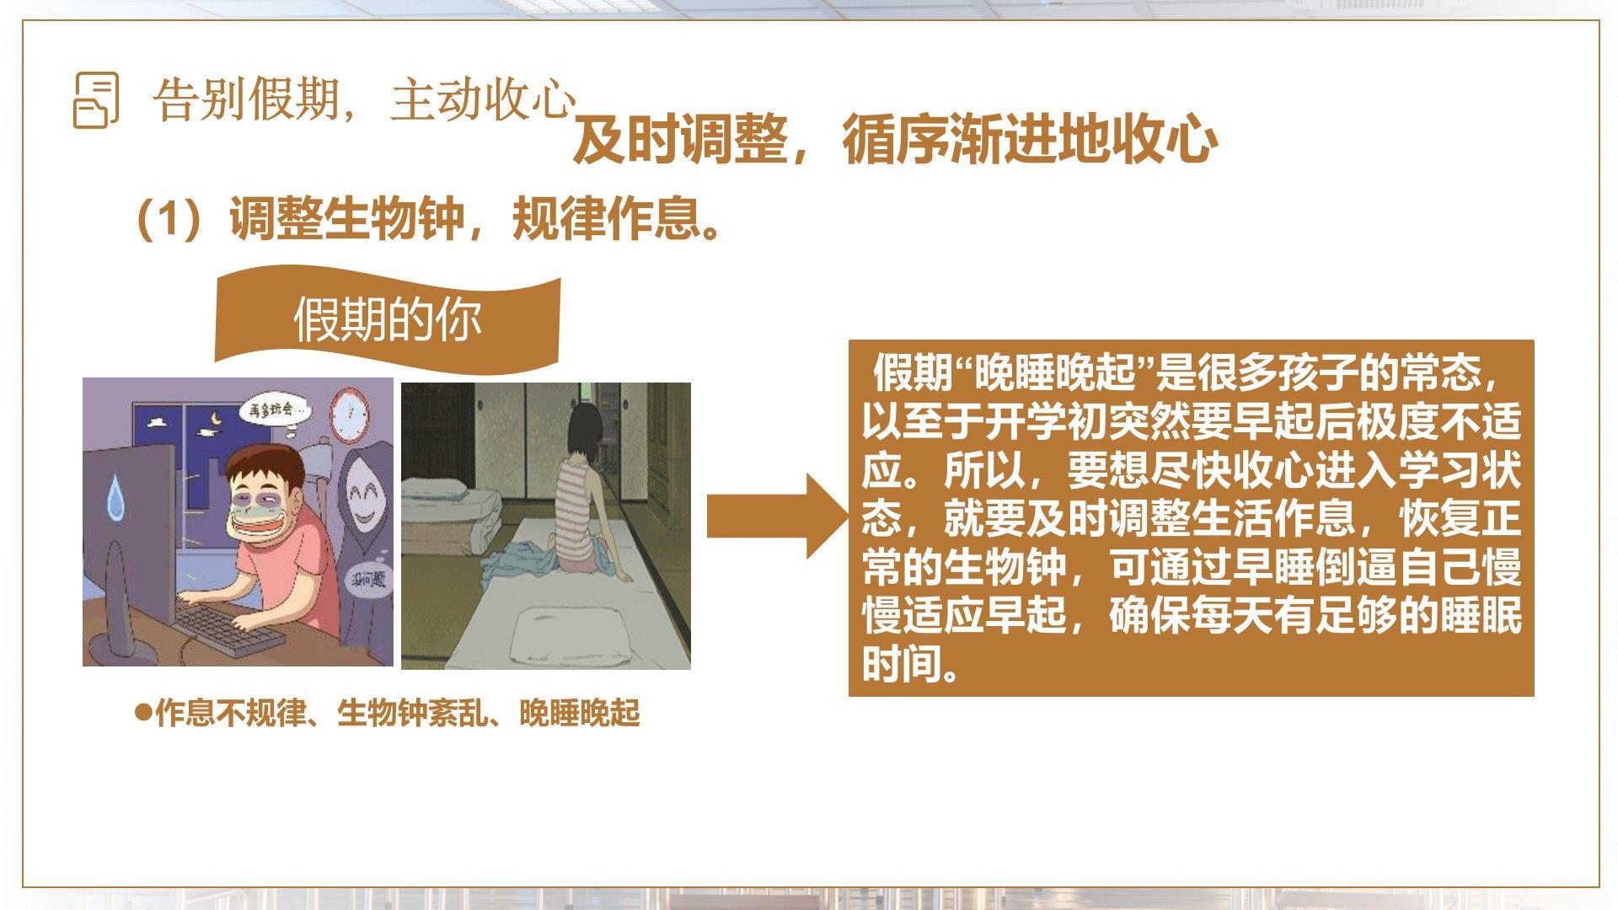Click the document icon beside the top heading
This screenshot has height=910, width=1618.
coord(96,99)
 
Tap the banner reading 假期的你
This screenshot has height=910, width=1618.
coord(388,319)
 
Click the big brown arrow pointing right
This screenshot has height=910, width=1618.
coord(778,516)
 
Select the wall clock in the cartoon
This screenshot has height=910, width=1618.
coord(349,415)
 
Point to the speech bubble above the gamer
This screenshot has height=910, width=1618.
coord(275,411)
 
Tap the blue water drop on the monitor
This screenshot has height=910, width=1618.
coord(115,496)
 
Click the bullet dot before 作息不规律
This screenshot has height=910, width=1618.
coord(143,713)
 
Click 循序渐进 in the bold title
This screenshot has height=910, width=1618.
coord(950,140)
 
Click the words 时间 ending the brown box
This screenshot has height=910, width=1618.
coord(902,664)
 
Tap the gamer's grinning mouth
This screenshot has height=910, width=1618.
coord(260,532)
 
